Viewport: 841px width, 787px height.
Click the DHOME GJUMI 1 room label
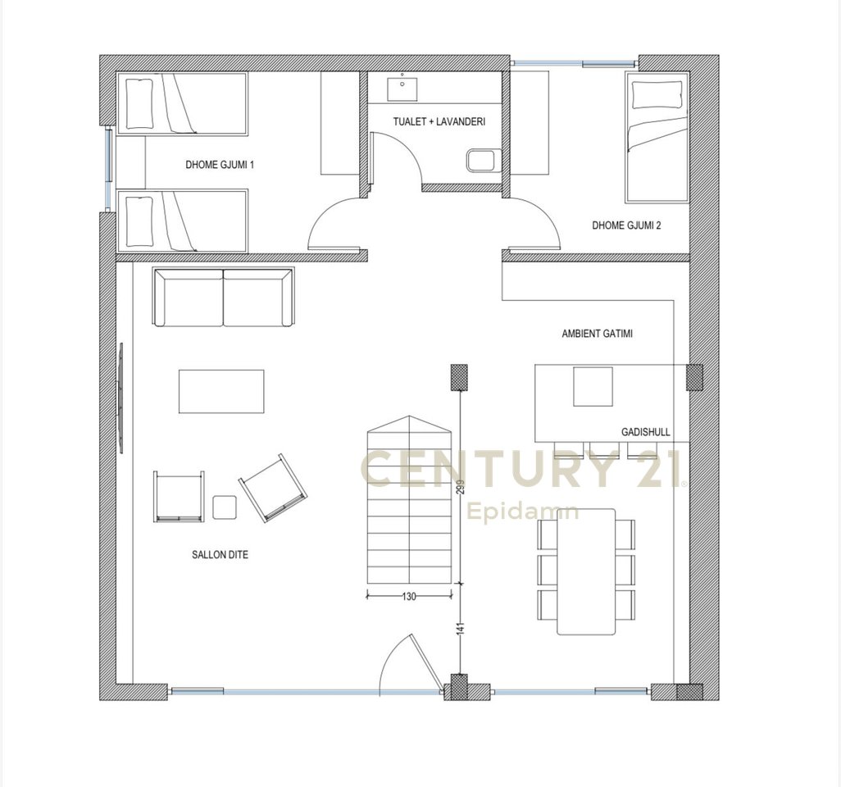pyautogui.click(x=220, y=165)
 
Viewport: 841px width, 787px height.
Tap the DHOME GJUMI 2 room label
pyautogui.click(x=626, y=225)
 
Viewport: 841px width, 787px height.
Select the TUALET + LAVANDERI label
pyautogui.click(x=439, y=122)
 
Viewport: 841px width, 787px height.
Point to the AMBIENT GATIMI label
pyautogui.click(x=597, y=334)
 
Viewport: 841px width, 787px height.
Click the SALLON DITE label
pyautogui.click(x=220, y=555)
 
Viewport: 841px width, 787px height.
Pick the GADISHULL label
pyautogui.click(x=645, y=432)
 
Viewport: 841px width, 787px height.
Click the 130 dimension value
pyautogui.click(x=409, y=596)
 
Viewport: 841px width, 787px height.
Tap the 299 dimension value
pyautogui.click(x=460, y=486)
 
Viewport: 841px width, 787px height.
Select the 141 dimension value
pyautogui.click(x=460, y=630)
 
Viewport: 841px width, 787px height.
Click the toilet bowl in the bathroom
pyautogui.click(x=481, y=161)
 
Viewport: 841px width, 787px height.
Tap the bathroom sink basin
pyautogui.click(x=402, y=89)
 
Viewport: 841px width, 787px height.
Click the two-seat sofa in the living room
pyautogui.click(x=223, y=298)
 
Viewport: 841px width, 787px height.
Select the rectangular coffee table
pyautogui.click(x=221, y=391)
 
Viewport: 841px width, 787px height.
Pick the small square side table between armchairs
pyautogui.click(x=225, y=507)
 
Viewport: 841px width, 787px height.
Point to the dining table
pyautogui.click(x=586, y=572)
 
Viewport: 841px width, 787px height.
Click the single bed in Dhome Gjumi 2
pyautogui.click(x=657, y=138)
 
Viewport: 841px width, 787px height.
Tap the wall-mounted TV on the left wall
pyautogui.click(x=121, y=398)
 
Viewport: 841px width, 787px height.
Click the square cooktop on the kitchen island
pyautogui.click(x=593, y=387)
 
